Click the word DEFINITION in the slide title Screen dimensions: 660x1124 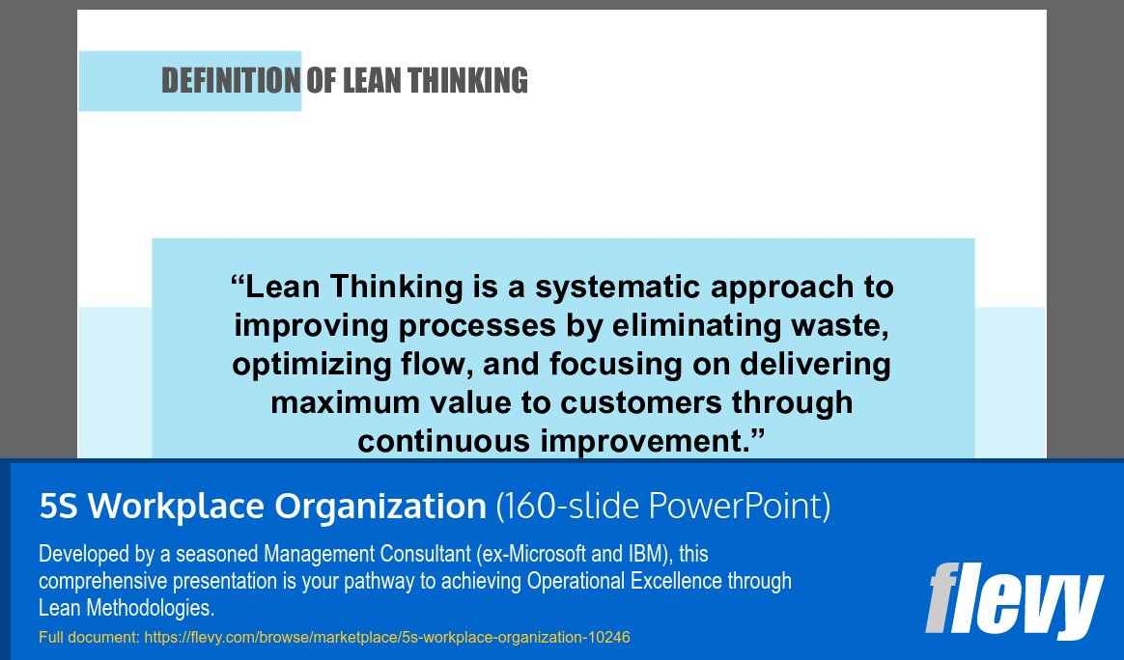[x=231, y=81]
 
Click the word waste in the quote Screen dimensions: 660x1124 [x=842, y=326]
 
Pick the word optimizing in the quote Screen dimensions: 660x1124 [x=302, y=365]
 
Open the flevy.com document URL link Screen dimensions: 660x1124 [x=387, y=638]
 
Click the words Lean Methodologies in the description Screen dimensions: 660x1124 [x=126, y=608]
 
